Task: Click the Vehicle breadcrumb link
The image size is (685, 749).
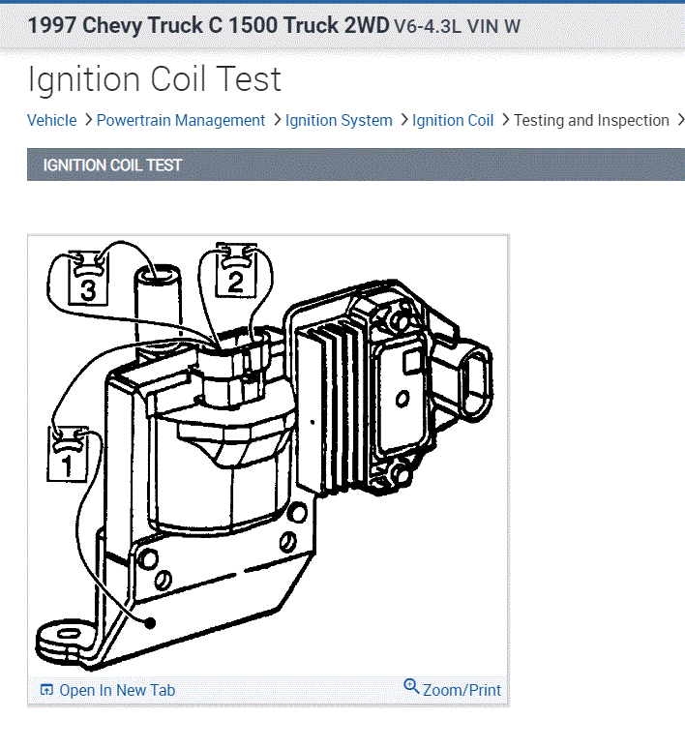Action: coord(51,120)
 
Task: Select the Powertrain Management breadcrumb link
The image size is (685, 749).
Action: coord(181,120)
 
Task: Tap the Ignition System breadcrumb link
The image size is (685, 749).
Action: coord(339,120)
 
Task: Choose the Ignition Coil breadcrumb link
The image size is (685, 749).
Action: coord(453,120)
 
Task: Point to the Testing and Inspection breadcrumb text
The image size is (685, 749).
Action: coord(591,120)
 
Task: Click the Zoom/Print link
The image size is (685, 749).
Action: coord(462,690)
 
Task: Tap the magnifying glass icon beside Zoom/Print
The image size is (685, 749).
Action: coord(411,686)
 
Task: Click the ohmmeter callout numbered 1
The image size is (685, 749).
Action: coord(68,454)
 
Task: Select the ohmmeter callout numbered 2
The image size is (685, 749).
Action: coord(236,271)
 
